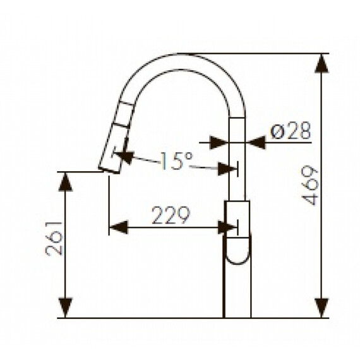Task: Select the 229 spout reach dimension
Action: (171, 217)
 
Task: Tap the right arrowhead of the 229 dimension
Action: (227, 227)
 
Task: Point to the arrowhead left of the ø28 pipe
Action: (218, 142)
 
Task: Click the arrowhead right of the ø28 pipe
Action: (256, 142)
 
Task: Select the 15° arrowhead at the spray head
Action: (124, 155)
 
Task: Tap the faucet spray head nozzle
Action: (110, 165)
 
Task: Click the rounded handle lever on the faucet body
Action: (238, 249)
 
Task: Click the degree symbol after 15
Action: (188, 155)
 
